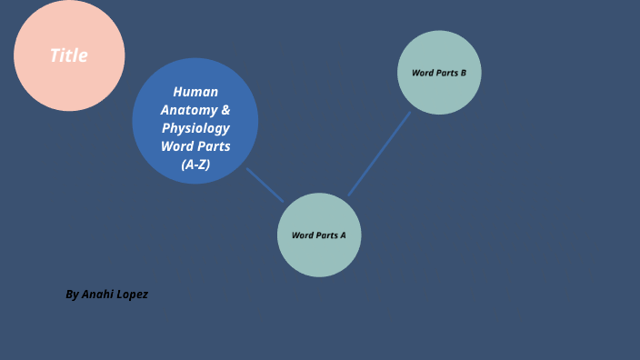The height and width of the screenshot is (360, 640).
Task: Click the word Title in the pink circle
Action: click(69, 55)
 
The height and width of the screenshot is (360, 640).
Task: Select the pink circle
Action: click(69, 86)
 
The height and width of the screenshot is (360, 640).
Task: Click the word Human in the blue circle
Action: click(195, 92)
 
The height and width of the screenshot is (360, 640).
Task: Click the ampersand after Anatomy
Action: click(225, 110)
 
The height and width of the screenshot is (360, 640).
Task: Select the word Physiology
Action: click(195, 128)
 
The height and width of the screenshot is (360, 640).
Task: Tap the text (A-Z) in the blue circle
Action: click(195, 165)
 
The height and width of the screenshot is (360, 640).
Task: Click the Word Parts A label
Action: click(319, 235)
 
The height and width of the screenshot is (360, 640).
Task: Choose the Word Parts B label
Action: click(439, 73)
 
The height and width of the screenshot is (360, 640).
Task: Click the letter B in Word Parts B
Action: click(463, 73)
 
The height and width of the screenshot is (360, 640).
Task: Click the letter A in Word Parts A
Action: click(343, 235)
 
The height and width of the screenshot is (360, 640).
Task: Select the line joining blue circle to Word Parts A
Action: click(265, 185)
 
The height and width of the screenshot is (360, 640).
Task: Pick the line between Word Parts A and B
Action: click(379, 154)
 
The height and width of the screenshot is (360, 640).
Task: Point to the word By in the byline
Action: click(72, 295)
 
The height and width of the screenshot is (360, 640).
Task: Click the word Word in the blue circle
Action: click(177, 146)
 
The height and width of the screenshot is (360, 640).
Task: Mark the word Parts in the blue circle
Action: click(214, 146)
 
